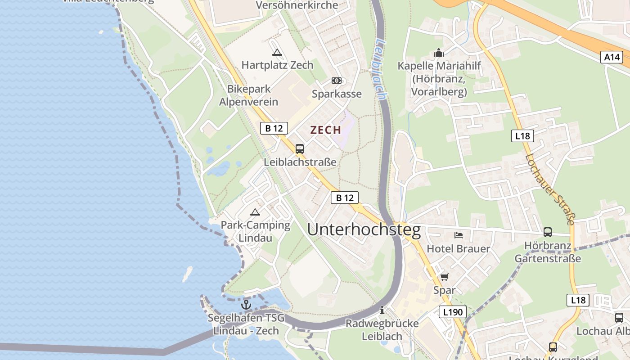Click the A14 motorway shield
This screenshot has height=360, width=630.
click(x=612, y=57)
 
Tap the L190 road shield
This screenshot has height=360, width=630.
click(x=452, y=312)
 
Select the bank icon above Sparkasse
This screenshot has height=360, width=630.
click(x=337, y=81)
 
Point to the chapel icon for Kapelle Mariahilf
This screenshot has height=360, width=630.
click(x=439, y=53)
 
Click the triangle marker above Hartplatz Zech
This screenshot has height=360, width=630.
click(x=277, y=52)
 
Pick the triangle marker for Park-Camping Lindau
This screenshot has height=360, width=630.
click(x=255, y=212)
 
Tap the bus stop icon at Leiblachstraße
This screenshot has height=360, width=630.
click(x=300, y=149)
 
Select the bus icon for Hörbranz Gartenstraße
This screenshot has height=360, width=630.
click(x=548, y=232)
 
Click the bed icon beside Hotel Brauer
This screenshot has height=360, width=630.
click(x=459, y=235)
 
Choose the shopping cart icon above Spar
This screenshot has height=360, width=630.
click(x=444, y=277)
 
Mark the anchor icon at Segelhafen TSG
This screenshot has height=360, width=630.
click(x=246, y=305)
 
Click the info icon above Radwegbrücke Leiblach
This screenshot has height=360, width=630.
click(x=382, y=310)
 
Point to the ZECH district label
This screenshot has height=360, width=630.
click(x=325, y=130)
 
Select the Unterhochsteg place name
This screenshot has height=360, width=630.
click(x=364, y=230)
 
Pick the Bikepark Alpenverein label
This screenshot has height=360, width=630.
click(x=248, y=95)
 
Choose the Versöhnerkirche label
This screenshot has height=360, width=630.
click(x=297, y=5)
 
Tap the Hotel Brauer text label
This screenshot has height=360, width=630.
click(x=458, y=248)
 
